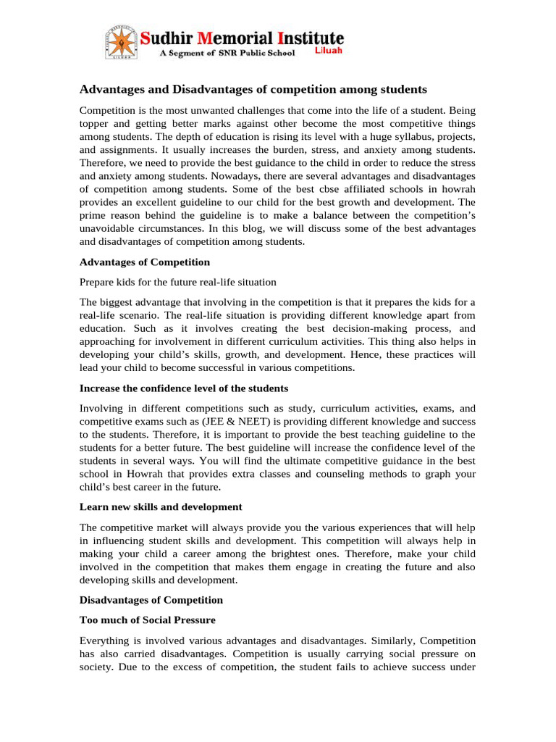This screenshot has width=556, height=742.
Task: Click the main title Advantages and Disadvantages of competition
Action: pyautogui.click(x=253, y=89)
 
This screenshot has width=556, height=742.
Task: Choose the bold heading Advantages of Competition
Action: pyautogui.click(x=145, y=262)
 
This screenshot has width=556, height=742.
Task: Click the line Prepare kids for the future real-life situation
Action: pyautogui.click(x=177, y=281)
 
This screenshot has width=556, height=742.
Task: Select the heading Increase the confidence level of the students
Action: pyautogui.click(x=184, y=388)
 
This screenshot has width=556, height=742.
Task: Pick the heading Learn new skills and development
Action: pyautogui.click(x=161, y=507)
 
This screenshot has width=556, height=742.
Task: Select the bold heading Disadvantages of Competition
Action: pyautogui.click(x=151, y=600)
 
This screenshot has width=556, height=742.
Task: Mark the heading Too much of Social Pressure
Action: pyautogui.click(x=147, y=620)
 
